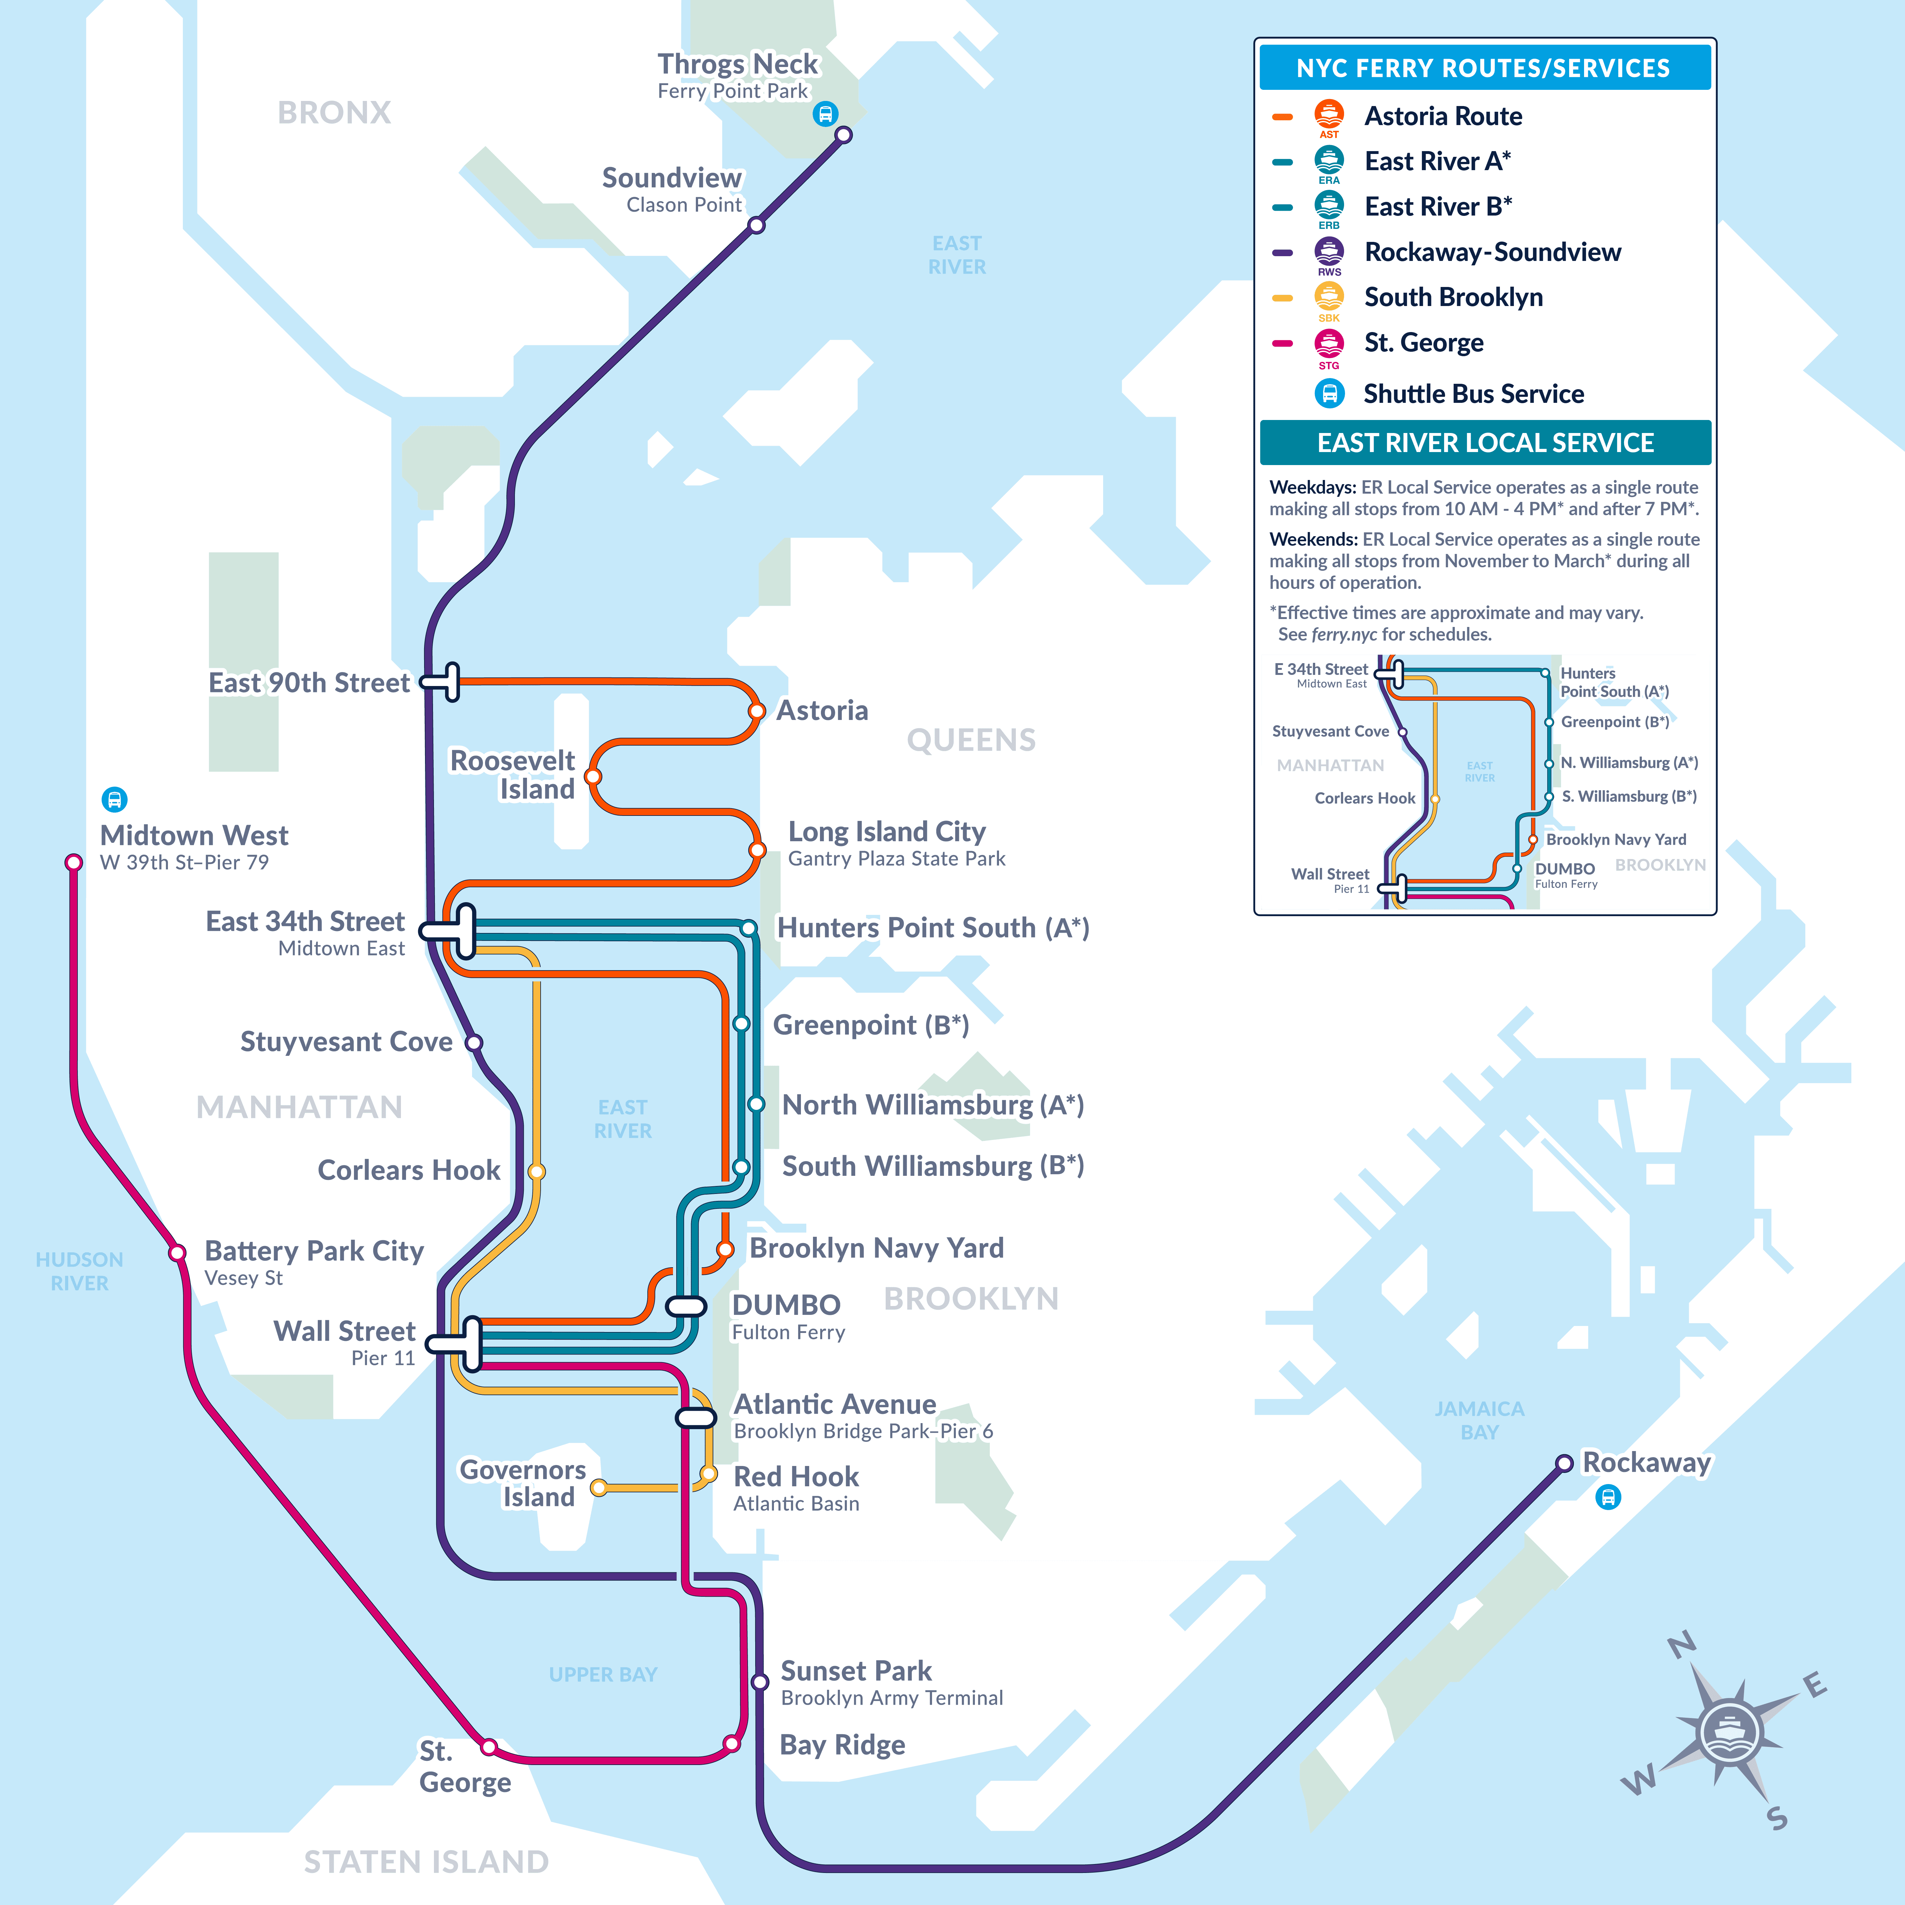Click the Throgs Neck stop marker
843,135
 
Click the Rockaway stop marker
1564,1463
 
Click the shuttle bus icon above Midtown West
114,799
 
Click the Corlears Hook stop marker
536,1171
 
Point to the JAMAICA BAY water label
1479,1420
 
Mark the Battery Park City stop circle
177,1253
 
